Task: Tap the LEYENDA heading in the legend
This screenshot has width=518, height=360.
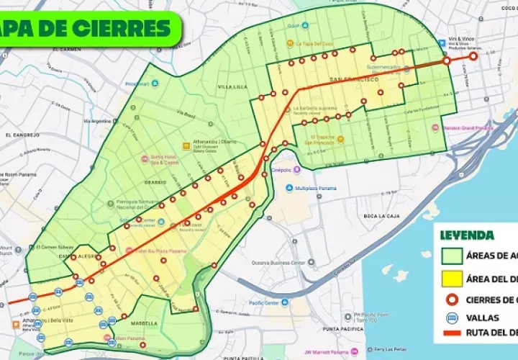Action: click(x=467, y=235)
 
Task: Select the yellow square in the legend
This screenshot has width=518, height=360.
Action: click(x=451, y=279)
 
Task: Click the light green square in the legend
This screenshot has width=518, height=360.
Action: click(x=451, y=255)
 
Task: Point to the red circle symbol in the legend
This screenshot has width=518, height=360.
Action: click(x=451, y=300)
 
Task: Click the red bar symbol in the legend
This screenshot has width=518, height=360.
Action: click(x=451, y=334)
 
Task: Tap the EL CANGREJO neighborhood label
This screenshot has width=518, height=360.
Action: click(x=19, y=135)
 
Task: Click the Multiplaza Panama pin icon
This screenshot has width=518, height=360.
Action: click(x=289, y=189)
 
